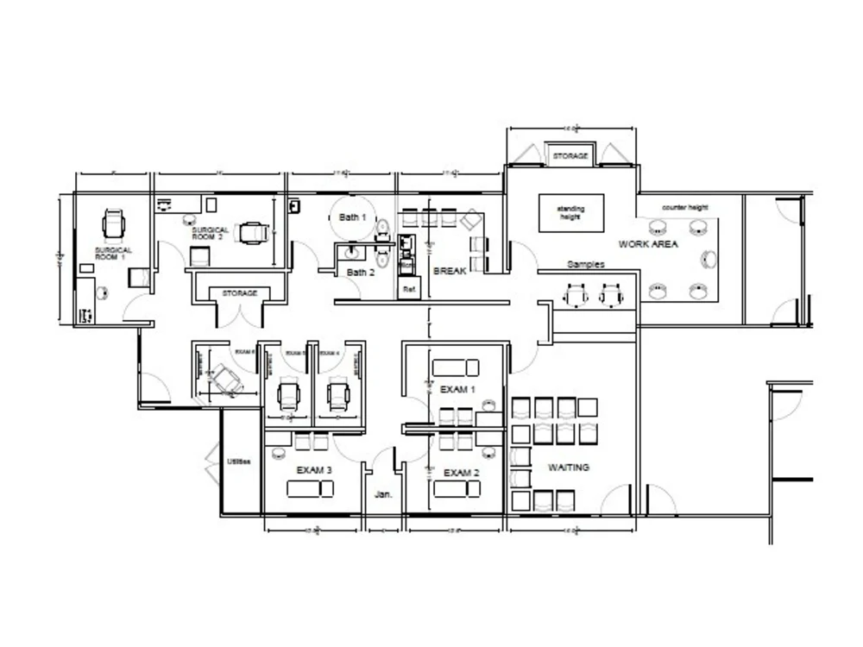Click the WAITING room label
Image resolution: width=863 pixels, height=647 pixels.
(x=569, y=468)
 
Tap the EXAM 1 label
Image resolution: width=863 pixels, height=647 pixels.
(x=457, y=390)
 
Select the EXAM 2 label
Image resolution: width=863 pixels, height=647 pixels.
(x=461, y=473)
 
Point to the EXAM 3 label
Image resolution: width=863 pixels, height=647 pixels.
(x=314, y=470)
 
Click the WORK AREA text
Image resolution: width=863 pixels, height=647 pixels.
(x=647, y=244)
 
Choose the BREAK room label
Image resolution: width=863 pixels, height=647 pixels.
(x=450, y=270)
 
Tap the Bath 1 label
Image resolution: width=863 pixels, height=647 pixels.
(x=352, y=217)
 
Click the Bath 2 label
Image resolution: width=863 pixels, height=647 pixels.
(x=360, y=273)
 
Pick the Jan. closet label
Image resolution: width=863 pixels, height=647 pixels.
(x=383, y=495)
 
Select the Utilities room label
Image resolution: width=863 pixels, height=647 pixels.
(x=238, y=462)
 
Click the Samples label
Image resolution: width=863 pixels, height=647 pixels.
(x=585, y=264)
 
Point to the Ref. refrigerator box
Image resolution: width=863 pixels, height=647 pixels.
(x=409, y=290)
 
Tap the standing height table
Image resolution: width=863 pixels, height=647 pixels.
(x=570, y=212)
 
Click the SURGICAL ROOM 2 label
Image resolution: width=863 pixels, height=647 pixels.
(x=211, y=233)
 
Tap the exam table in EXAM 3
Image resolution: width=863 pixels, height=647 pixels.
(x=311, y=489)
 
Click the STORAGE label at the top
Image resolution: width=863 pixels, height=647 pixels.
(x=570, y=156)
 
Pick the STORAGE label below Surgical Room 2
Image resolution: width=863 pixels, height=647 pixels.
(x=239, y=293)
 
